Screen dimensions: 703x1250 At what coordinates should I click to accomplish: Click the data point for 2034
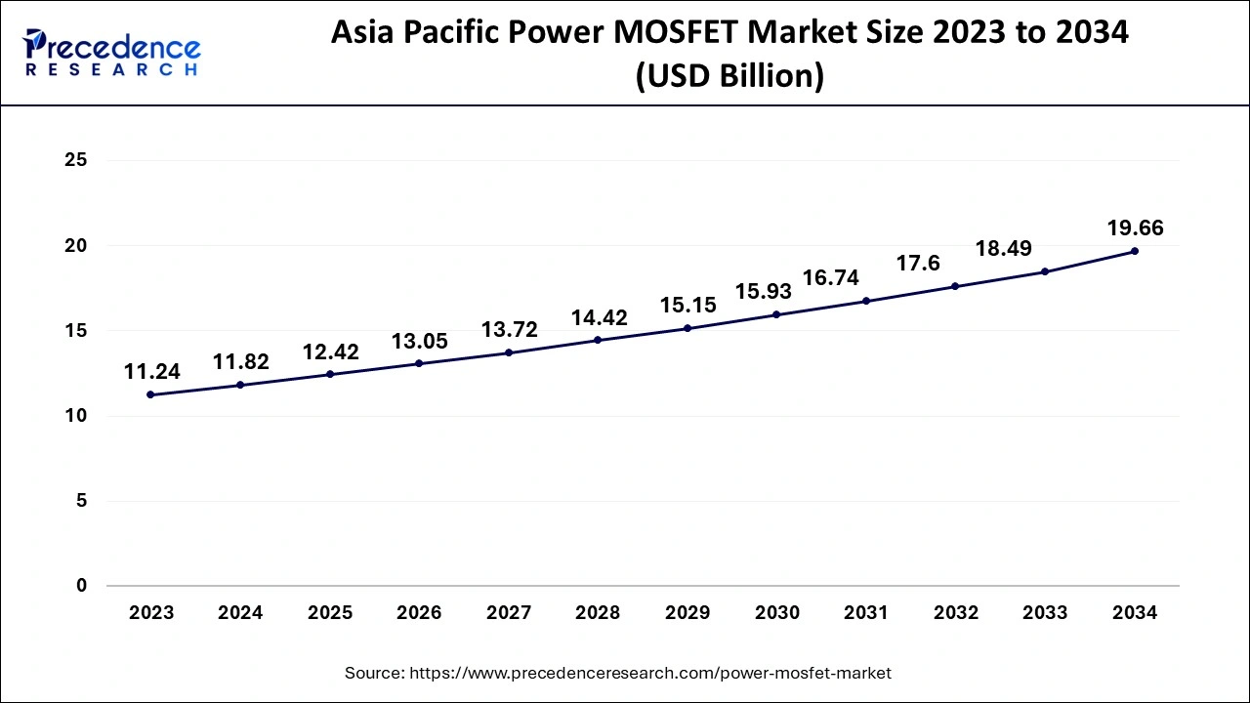(1134, 251)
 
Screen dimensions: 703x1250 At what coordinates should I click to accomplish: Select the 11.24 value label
(151, 372)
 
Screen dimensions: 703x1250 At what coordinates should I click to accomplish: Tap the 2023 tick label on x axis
(151, 613)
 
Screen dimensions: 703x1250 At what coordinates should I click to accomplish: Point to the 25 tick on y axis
(76, 160)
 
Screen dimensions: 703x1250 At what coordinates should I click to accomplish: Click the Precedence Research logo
(111, 53)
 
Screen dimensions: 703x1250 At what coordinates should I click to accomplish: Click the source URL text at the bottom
(618, 673)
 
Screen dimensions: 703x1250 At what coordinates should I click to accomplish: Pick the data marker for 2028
(598, 340)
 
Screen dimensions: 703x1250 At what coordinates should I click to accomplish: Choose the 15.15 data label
(687, 305)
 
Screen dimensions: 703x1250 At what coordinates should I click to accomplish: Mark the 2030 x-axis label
(776, 613)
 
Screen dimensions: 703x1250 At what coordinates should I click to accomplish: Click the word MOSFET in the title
(691, 32)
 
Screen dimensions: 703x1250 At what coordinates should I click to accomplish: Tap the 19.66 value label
(1134, 228)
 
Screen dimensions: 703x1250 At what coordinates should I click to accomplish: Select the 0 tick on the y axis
(82, 586)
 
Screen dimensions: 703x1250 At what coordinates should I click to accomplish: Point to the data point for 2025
(330, 374)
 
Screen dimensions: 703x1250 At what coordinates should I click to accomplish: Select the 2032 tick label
(955, 613)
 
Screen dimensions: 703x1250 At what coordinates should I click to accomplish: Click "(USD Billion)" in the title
(729, 76)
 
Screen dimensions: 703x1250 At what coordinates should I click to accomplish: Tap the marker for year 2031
(866, 301)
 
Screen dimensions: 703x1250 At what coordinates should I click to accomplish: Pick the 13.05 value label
(419, 341)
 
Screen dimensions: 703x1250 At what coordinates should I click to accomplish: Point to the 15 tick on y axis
(76, 331)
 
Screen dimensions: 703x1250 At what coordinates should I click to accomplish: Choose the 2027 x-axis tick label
(509, 613)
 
